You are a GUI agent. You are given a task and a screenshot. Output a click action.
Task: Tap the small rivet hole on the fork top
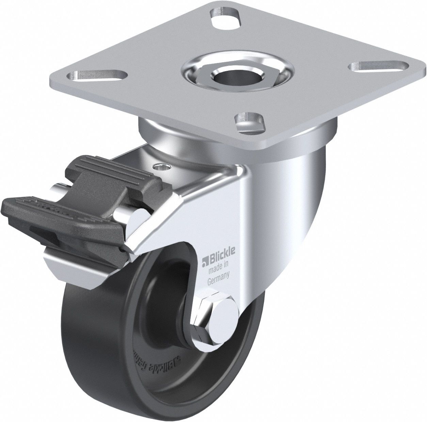162,167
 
